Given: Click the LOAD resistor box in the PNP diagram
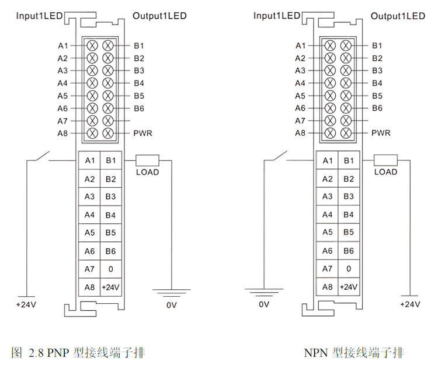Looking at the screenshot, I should (147, 160).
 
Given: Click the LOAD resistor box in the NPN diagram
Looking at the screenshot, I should (385, 160).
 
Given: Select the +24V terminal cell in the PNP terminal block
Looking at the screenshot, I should (111, 287).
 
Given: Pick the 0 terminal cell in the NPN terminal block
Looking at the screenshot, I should (349, 269).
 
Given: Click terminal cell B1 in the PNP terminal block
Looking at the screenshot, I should (111, 160).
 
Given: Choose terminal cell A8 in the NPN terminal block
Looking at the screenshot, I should (328, 287).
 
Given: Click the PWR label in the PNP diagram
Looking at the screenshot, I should (142, 134).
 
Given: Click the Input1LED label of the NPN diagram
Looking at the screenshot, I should (276, 16).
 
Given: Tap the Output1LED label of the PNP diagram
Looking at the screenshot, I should (159, 16).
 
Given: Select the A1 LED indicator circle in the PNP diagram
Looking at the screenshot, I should (93, 45).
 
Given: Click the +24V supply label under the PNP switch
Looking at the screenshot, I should (26, 305).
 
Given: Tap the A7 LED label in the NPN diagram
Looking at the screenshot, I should (300, 121).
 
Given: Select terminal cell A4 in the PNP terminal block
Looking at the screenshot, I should (89, 215).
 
